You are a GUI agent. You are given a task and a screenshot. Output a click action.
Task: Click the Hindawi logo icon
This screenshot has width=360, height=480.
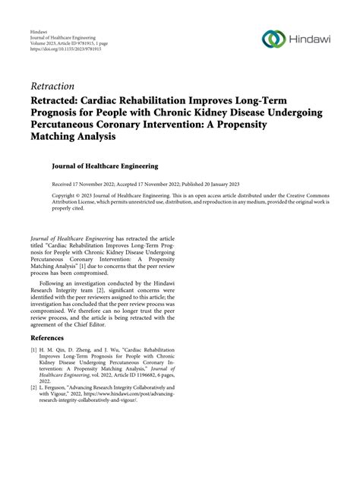[x=273, y=39]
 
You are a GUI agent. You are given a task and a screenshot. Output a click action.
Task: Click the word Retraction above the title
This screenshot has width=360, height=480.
[x=52, y=86]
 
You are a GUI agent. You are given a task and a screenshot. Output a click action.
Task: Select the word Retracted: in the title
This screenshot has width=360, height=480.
[x=60, y=101]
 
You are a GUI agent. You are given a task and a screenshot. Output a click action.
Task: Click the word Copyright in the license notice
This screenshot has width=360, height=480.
[x=67, y=195]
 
